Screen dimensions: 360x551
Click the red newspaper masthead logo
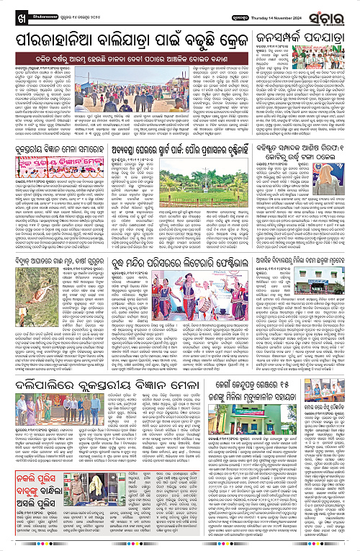335,9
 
